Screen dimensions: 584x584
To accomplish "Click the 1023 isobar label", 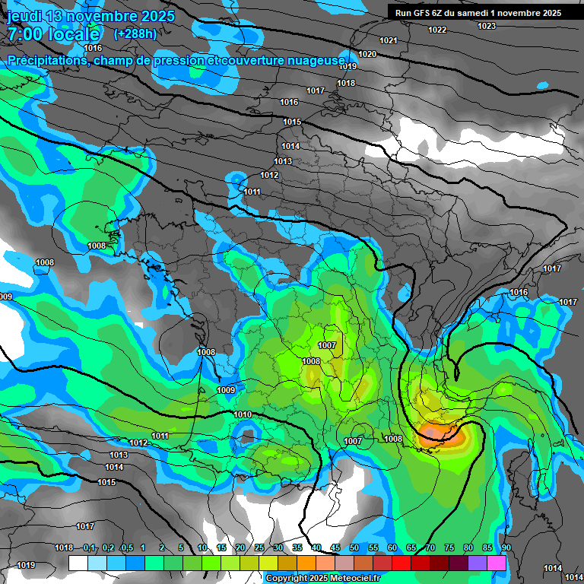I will pos(487,26).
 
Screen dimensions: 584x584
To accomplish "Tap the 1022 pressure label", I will pos(437,30).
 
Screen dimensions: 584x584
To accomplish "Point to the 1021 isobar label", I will pos(389,40).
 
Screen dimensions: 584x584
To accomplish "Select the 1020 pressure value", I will pos(367,54).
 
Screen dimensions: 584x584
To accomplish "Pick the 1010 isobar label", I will pos(243,414).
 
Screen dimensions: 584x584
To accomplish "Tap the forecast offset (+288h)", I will pos(135,33).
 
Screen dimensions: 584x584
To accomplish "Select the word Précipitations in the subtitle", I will pos(48,60).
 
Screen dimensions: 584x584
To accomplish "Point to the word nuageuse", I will pos(316,60).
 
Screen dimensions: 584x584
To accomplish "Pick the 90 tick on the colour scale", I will pos(506,547).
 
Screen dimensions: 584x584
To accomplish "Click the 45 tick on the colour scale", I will pos(335,547).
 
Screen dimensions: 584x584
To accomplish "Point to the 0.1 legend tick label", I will pos(89,547).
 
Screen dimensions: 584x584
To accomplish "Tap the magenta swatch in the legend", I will pos(497,563).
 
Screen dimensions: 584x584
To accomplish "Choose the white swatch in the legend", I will pos(78,563).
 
